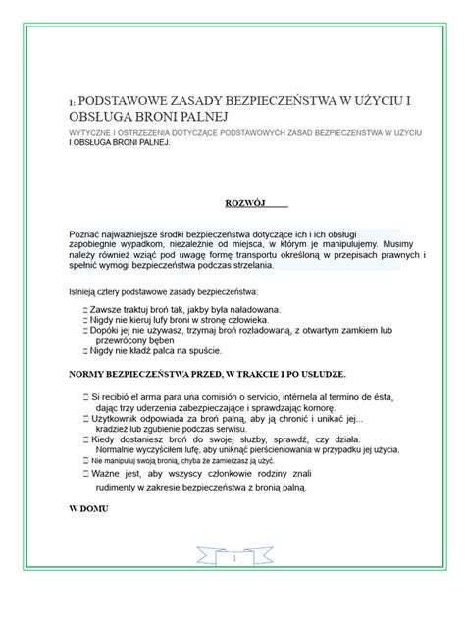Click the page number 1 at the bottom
click(x=234, y=558)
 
